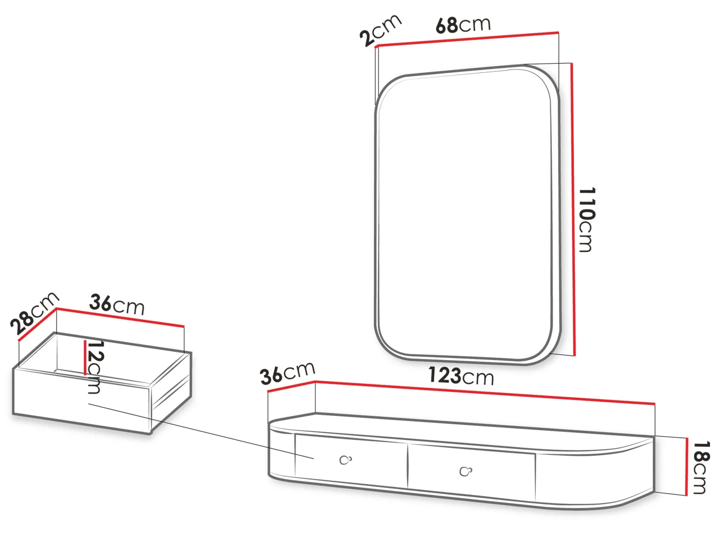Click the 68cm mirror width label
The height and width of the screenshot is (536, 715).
463,25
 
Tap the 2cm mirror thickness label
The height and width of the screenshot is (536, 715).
380,30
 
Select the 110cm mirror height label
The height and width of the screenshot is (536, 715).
587,220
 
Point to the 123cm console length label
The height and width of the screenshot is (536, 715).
461,376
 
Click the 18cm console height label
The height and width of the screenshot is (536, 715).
701,467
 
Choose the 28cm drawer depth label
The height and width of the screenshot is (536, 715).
34,313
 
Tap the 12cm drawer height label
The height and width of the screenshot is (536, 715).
95,367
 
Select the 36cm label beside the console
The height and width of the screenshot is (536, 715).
288,373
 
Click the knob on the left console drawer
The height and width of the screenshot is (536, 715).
345,460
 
